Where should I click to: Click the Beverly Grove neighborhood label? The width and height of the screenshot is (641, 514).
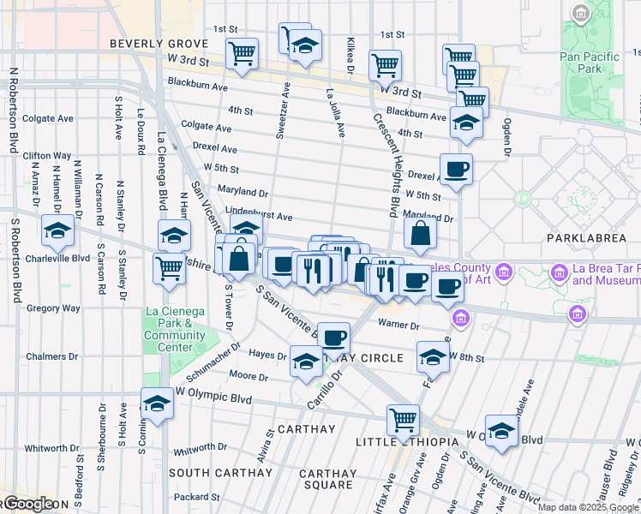click(x=153, y=44)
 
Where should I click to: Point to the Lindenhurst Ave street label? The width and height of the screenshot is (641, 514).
click(x=259, y=218)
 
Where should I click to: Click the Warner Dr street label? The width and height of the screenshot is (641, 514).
click(x=399, y=326)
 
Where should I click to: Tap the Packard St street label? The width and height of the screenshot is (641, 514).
click(x=197, y=497)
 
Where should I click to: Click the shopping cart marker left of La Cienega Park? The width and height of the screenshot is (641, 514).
click(x=169, y=268)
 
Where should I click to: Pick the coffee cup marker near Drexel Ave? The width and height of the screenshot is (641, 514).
click(x=456, y=169)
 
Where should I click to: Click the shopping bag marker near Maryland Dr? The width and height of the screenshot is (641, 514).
click(x=420, y=232)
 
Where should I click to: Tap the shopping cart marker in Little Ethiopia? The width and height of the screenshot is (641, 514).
click(x=403, y=420)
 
